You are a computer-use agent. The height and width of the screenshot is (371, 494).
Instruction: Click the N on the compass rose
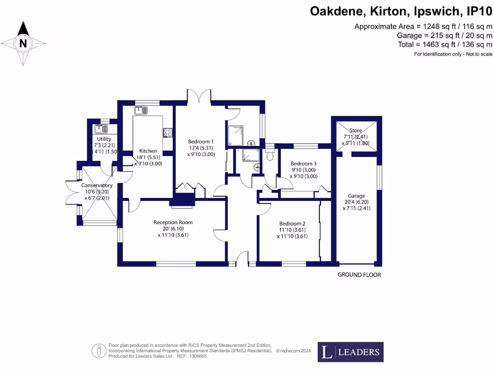click(x=22, y=43)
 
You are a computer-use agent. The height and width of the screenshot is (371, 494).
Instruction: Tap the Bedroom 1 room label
click(x=201, y=142)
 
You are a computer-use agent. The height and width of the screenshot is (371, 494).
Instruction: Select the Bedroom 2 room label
click(x=292, y=224)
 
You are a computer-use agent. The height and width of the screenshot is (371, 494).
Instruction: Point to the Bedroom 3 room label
click(x=303, y=164)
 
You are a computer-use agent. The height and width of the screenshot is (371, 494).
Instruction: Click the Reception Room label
click(x=173, y=222)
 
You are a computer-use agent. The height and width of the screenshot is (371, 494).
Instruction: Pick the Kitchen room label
click(x=148, y=151)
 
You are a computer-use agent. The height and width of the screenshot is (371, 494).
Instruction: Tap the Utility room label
click(x=104, y=139)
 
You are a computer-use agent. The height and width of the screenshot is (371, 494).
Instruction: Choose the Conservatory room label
click(x=96, y=185)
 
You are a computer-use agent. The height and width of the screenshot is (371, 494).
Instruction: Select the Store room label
click(x=356, y=130)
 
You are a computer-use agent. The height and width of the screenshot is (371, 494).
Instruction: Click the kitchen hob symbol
click(x=168, y=132)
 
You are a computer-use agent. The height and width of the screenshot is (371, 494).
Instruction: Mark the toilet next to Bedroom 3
click(x=270, y=155)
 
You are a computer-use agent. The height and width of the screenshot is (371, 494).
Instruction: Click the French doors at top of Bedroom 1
click(x=199, y=96)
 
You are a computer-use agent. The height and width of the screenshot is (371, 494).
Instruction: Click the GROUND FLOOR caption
click(x=359, y=275)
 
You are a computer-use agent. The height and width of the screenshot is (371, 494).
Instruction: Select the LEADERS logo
click(x=351, y=352)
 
